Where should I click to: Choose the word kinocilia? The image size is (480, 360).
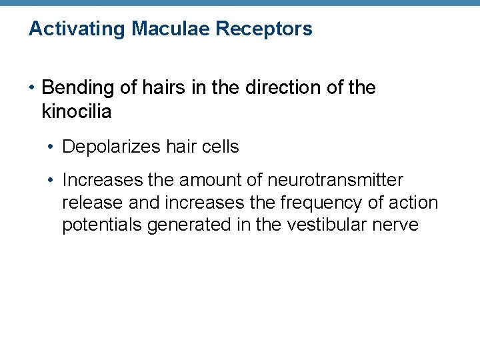[x=76, y=111]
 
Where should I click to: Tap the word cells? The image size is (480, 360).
[x=218, y=147]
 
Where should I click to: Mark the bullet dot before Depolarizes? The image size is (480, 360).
[x=52, y=147]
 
